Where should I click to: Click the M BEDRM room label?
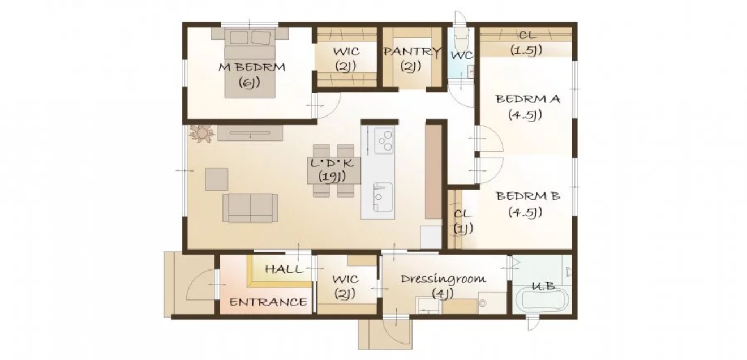pyautogui.click(x=252, y=67)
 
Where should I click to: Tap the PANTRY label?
pyautogui.click(x=412, y=52)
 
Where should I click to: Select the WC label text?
pyautogui.click(x=462, y=55)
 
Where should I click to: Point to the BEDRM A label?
pyautogui.click(x=527, y=99)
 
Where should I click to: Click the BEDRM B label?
pyautogui.click(x=528, y=196)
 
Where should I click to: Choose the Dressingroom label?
pyautogui.click(x=443, y=279)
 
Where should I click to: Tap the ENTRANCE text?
pyautogui.click(x=268, y=302)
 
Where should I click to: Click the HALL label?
pyautogui.click(x=285, y=269)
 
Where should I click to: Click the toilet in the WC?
pyautogui.click(x=461, y=37)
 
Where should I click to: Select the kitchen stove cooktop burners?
pyautogui.click(x=384, y=141)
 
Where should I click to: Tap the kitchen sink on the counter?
pyautogui.click(x=383, y=197)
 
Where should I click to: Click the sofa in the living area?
pyautogui.click(x=251, y=208)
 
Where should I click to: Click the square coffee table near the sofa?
pyautogui.click(x=217, y=179)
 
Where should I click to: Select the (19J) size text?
pyautogui.click(x=332, y=177)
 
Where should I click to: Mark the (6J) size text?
pyautogui.click(x=249, y=83)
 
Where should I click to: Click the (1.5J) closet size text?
pyautogui.click(x=526, y=50)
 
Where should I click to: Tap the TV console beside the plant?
pyautogui.click(x=250, y=133)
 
